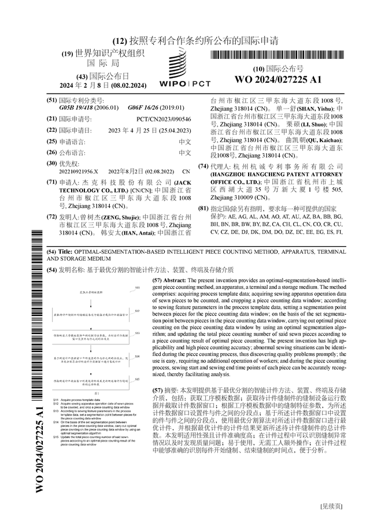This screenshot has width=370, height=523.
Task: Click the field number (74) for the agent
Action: pos(203,166)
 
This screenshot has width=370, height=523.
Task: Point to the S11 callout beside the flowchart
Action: pos(137,287)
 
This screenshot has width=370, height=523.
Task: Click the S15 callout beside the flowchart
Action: pos(137,379)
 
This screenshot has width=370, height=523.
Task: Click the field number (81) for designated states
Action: pos(203,208)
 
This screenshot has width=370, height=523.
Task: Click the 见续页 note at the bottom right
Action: pos(332,506)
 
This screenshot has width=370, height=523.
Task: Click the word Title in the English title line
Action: pos(65,253)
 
